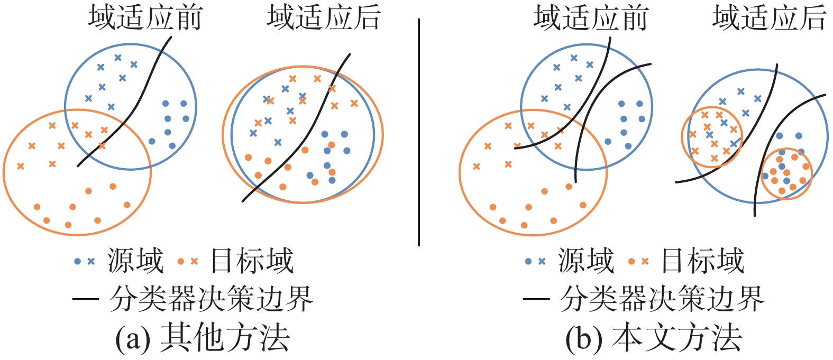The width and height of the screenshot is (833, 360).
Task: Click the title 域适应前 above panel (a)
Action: coord(145,18)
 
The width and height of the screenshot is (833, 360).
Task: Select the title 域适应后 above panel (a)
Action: coord(324,18)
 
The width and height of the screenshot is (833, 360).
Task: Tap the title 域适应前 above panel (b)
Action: coord(591,18)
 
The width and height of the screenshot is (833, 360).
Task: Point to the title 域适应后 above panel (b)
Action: coord(769,18)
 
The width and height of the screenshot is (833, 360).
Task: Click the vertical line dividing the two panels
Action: coord(418,132)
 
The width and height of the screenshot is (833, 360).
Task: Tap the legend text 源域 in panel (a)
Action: coord(135,261)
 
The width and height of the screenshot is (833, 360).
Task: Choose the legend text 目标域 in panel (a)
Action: coord(252,261)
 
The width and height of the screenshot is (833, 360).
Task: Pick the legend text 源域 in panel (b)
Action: coord(586,261)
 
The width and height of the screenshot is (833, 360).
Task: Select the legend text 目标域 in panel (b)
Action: coord(702,261)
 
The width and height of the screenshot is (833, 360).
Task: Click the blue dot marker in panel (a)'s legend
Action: coord(78,261)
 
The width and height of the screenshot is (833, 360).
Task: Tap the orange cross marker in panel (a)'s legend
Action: coord(194,261)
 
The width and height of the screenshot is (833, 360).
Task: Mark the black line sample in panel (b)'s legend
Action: coord(536,299)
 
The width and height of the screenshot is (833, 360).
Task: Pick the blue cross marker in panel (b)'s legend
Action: coord(542,261)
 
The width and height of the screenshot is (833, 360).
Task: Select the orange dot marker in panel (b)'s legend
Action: coord(631,261)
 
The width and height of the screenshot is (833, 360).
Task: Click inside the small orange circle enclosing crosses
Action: coord(712,136)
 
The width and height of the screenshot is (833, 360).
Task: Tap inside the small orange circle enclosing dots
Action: coord(786,173)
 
